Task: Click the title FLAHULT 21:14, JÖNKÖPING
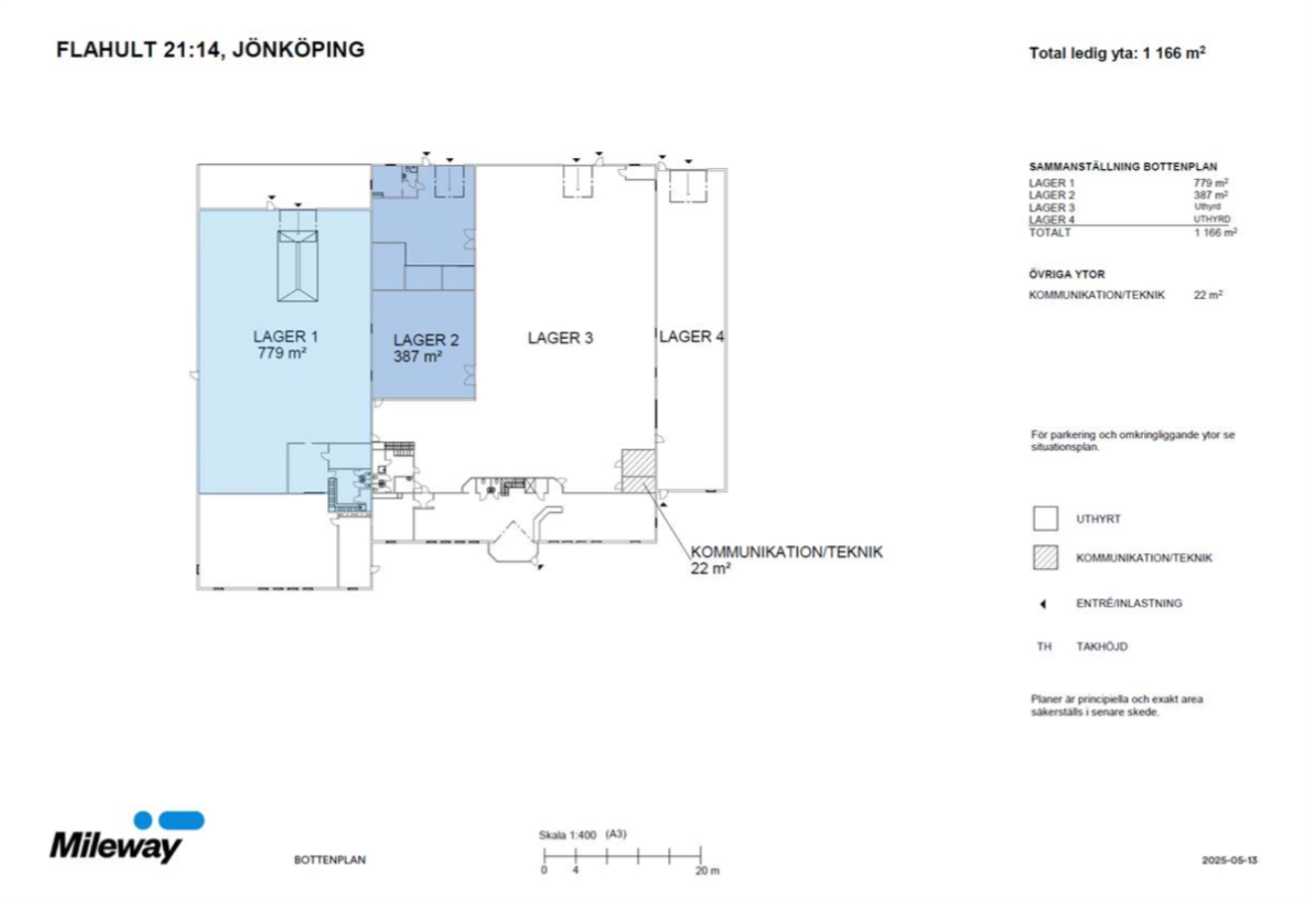coord(210,49)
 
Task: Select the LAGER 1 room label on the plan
coord(285,337)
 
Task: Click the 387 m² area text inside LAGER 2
coord(418,356)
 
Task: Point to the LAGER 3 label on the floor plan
coord(560,338)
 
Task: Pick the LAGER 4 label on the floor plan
coord(692,337)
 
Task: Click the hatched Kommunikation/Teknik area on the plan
coord(639,471)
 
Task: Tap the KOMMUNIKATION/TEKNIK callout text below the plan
coord(786,552)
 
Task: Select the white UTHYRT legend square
coord(1045,518)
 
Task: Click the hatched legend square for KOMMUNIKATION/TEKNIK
coord(1045,557)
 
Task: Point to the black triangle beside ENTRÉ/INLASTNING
coord(1043,604)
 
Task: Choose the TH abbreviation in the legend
coord(1044,646)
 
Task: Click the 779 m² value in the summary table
coord(1211,183)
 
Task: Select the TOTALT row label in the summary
coord(1050,232)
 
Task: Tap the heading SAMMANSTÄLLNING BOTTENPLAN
coord(1123,166)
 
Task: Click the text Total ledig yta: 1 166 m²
coord(1116,53)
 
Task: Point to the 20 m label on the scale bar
coord(708,871)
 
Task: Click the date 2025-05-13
coord(1229,861)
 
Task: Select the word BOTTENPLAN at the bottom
coord(329,860)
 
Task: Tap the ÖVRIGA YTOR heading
coord(1066,274)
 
